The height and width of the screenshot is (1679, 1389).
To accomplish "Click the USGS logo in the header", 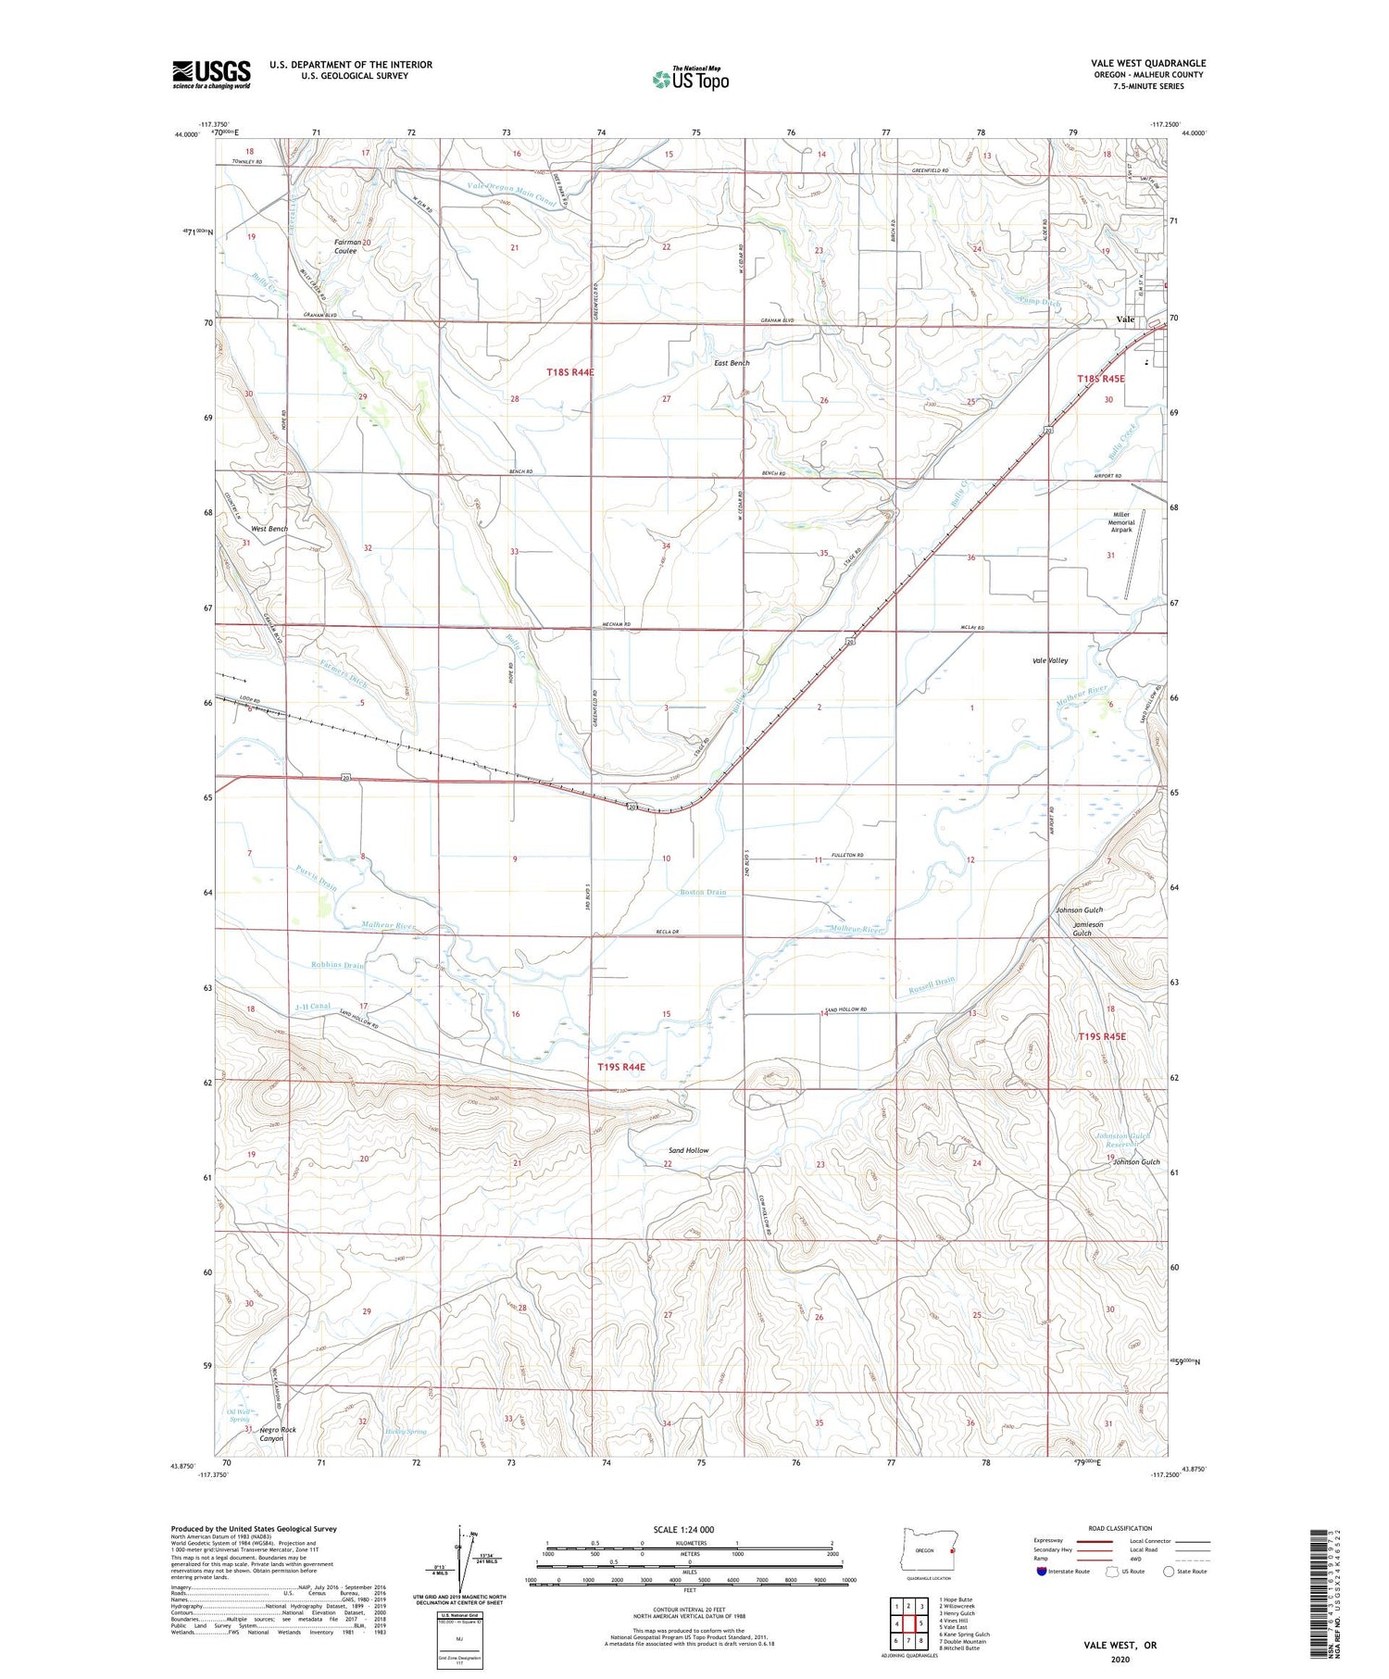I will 211,74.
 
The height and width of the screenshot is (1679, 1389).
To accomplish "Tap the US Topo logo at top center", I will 690,79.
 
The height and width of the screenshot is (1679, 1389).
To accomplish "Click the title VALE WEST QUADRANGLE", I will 1147,63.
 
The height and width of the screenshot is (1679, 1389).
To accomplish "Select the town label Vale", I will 1125,320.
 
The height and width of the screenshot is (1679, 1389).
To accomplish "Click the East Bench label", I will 732,363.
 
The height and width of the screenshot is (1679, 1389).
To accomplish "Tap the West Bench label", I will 269,529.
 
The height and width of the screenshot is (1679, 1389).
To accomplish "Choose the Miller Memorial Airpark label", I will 1121,522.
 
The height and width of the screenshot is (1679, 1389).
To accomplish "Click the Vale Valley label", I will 1050,660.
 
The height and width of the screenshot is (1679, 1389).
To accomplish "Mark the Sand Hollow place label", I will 689,1150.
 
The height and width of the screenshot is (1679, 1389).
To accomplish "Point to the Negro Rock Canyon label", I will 277,1435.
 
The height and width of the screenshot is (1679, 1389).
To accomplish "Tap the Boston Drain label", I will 703,892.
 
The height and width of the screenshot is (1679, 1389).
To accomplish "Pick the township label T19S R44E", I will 621,1067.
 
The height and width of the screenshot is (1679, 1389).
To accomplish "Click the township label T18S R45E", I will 1101,379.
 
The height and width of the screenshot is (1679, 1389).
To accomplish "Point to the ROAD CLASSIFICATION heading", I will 1120,1528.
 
